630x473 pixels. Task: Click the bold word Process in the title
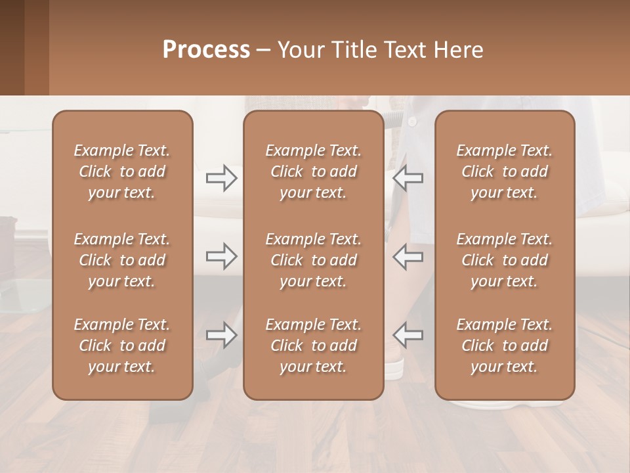point(206,49)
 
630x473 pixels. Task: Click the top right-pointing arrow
point(221,178)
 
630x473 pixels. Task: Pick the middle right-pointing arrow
point(221,256)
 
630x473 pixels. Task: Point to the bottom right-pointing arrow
point(221,335)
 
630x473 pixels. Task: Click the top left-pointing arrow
point(408,178)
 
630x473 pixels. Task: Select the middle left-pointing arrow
point(408,256)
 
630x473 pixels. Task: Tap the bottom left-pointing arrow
point(408,335)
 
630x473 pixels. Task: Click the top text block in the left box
point(122,171)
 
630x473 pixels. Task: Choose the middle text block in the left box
point(122,260)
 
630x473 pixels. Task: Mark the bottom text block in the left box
point(122,346)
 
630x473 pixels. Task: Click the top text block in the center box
point(314,171)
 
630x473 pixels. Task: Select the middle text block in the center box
point(314,260)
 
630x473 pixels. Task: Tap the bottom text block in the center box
point(314,346)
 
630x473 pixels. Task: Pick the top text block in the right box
point(505,171)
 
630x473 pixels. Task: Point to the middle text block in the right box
point(505,260)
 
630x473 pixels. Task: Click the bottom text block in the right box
point(505,346)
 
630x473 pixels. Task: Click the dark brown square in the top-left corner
point(12,47)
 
